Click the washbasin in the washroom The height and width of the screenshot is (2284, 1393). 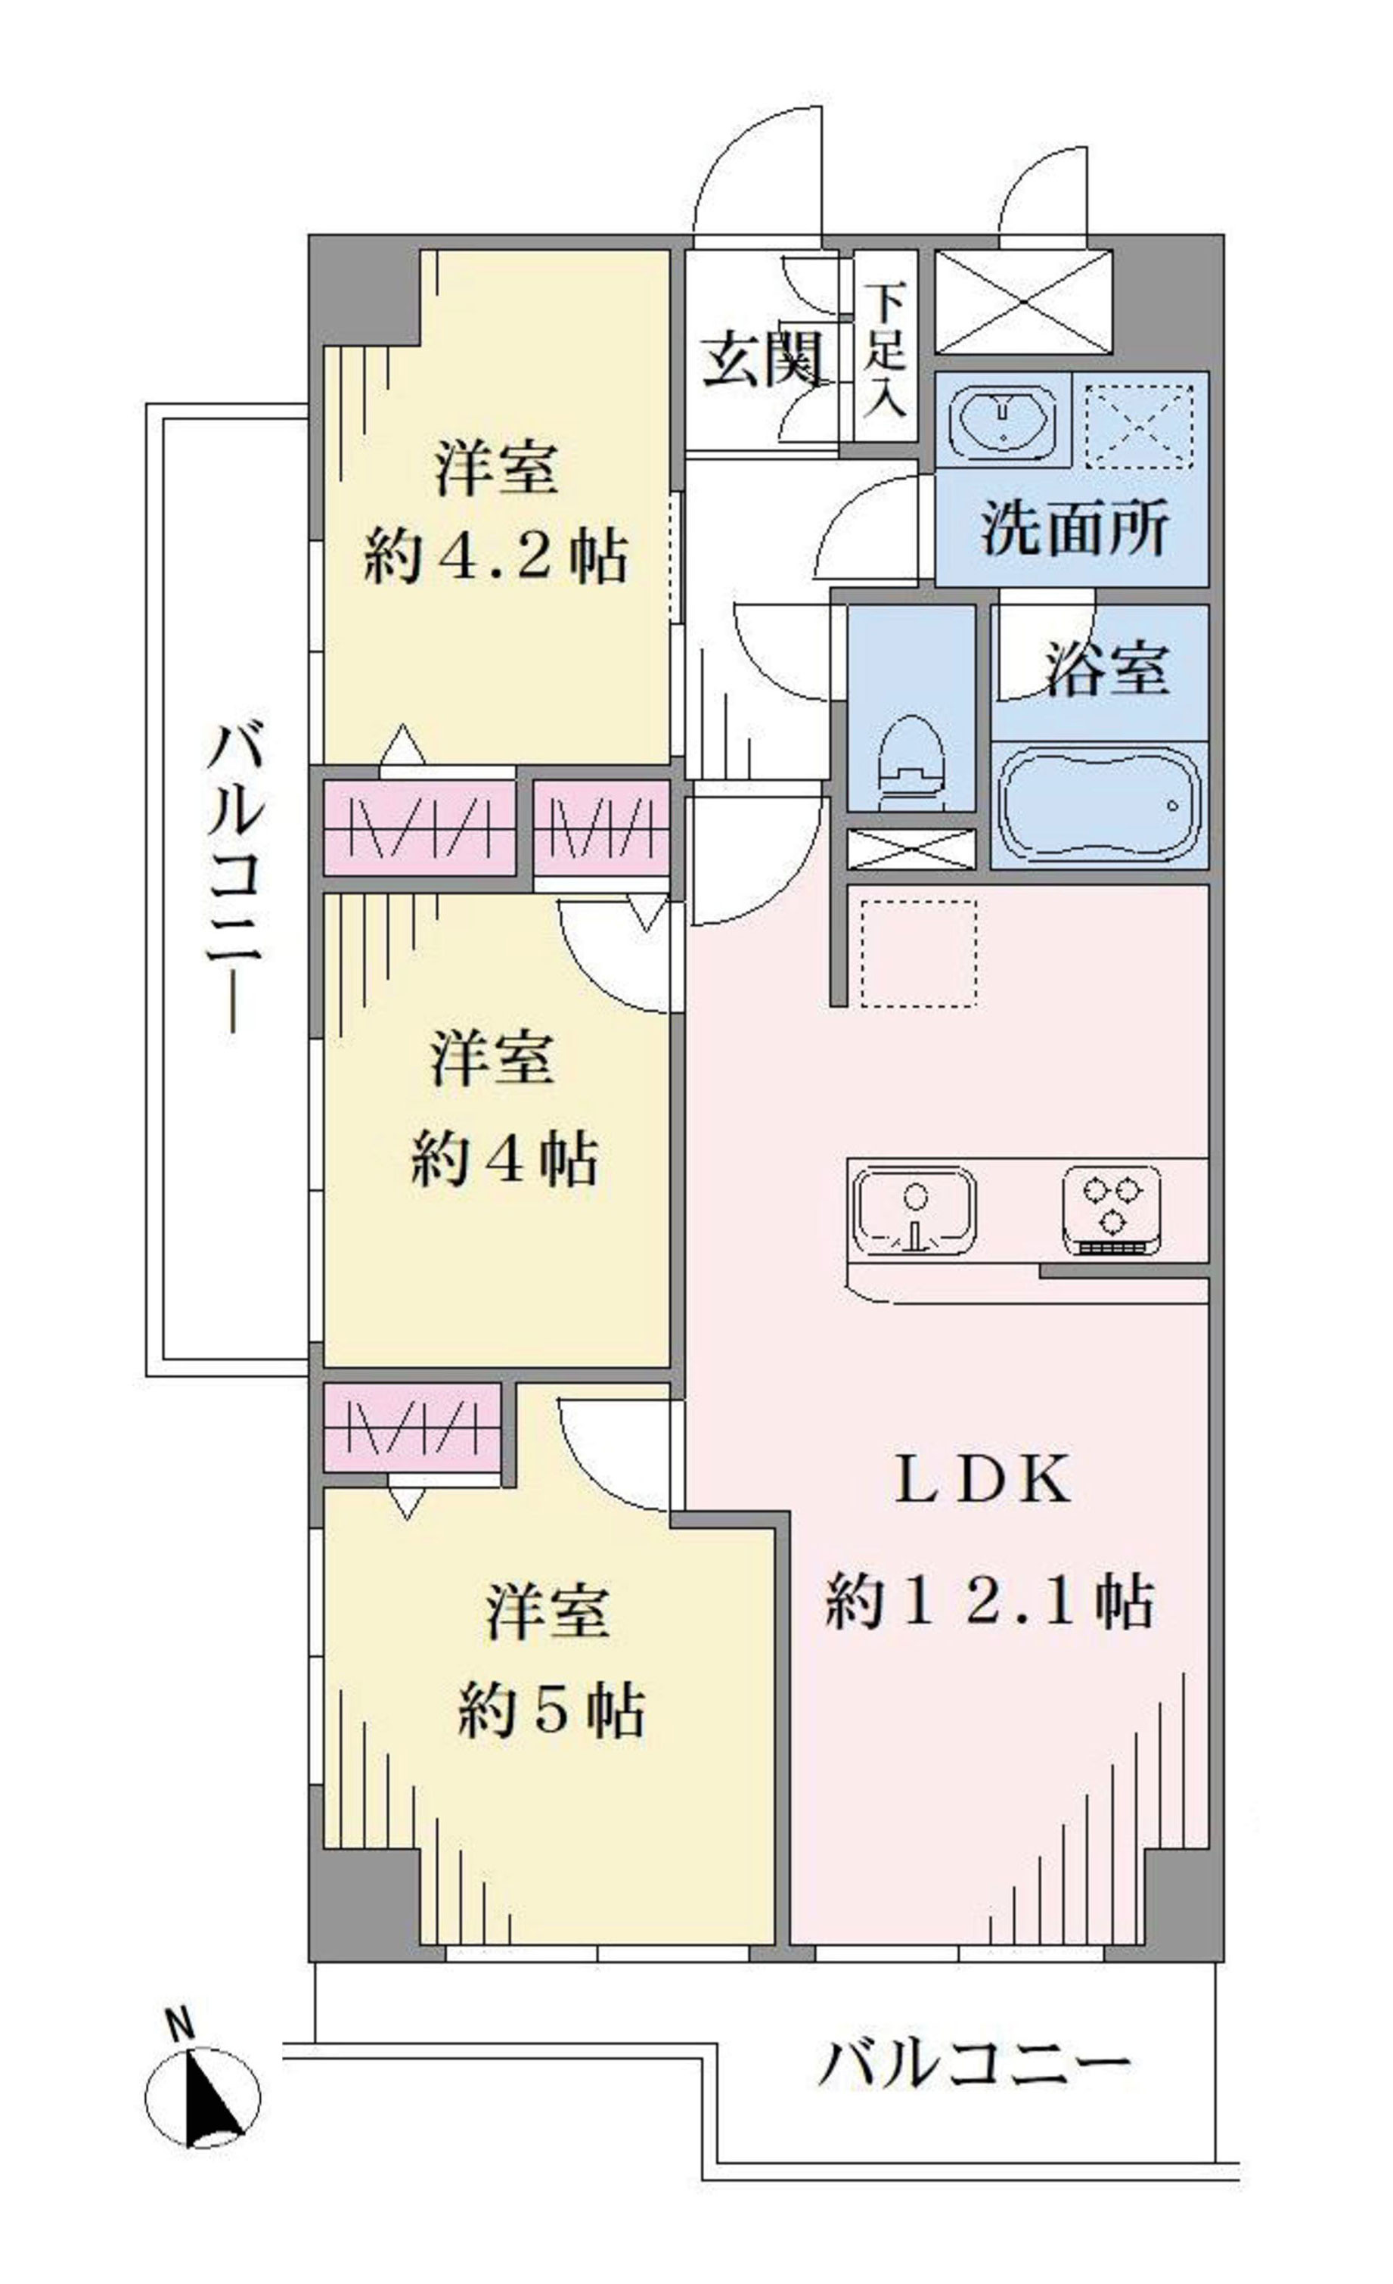coord(1004,423)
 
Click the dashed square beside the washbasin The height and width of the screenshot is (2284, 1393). coord(1139,424)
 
